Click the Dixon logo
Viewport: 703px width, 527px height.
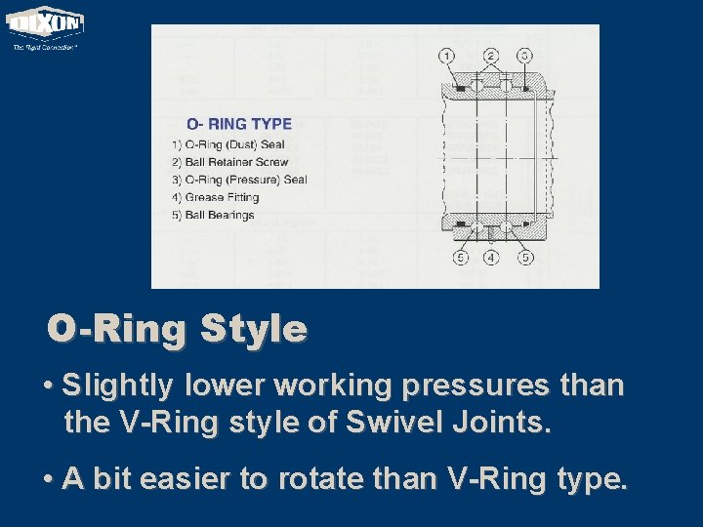pyautogui.click(x=45, y=23)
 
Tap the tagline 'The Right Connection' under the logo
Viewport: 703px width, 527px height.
pyautogui.click(x=44, y=46)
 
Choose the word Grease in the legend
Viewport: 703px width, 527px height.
pyautogui.click(x=204, y=197)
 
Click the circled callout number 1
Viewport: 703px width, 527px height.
pyautogui.click(x=446, y=56)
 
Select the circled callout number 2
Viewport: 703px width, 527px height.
pyautogui.click(x=490, y=56)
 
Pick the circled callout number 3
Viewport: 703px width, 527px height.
pyautogui.click(x=524, y=56)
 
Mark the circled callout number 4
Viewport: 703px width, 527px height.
pyautogui.click(x=491, y=259)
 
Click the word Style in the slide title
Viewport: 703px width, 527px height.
pyautogui.click(x=253, y=329)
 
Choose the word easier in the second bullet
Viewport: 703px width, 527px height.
pyautogui.click(x=189, y=479)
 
